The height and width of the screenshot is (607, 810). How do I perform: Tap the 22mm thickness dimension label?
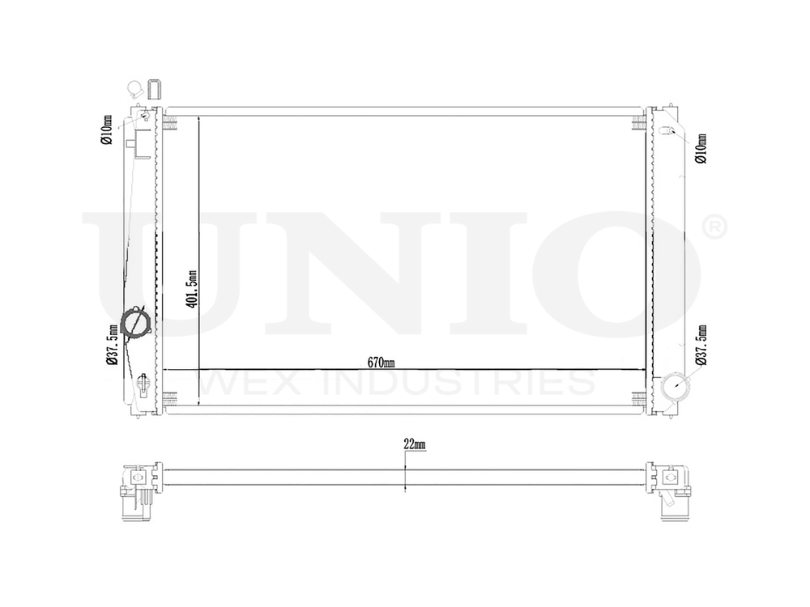[x=414, y=444]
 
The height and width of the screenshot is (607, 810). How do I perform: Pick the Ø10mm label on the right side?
[x=701, y=148]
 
